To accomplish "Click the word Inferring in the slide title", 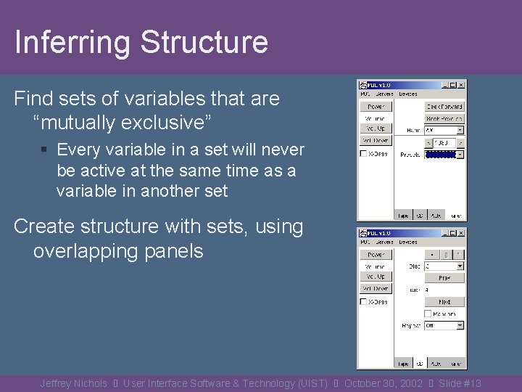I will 71,42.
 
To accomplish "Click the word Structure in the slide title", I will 204,42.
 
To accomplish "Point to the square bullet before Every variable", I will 44,150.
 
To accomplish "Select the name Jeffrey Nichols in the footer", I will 73,383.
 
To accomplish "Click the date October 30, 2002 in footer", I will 384,383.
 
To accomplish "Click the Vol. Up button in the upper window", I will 375,128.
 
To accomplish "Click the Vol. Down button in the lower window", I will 375,288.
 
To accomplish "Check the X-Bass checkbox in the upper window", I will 364,154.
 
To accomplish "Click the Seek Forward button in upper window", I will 444,107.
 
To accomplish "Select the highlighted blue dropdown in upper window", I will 444,154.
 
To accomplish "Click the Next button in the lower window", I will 444,301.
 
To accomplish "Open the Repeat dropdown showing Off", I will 444,326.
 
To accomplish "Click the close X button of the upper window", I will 461,85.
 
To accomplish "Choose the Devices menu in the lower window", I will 407,242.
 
